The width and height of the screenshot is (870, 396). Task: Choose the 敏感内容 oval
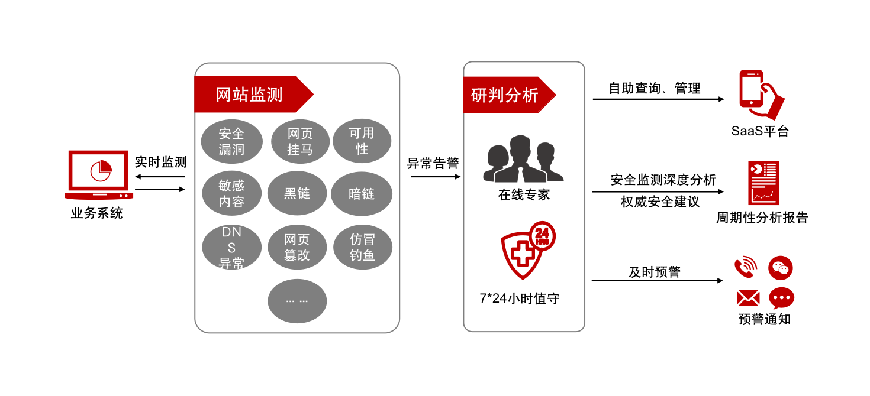(x=231, y=193)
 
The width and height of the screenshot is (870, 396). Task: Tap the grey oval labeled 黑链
(x=297, y=193)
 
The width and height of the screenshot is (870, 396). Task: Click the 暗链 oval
(x=362, y=193)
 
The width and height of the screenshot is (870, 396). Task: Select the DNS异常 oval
(x=231, y=248)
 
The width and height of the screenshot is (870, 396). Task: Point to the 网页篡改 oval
(x=297, y=248)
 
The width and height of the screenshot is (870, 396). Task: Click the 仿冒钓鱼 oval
(x=362, y=248)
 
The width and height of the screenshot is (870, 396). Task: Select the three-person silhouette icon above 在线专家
(x=523, y=159)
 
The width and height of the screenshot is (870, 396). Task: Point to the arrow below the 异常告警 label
(x=435, y=176)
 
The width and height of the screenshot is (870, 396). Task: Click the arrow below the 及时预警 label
(x=658, y=280)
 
